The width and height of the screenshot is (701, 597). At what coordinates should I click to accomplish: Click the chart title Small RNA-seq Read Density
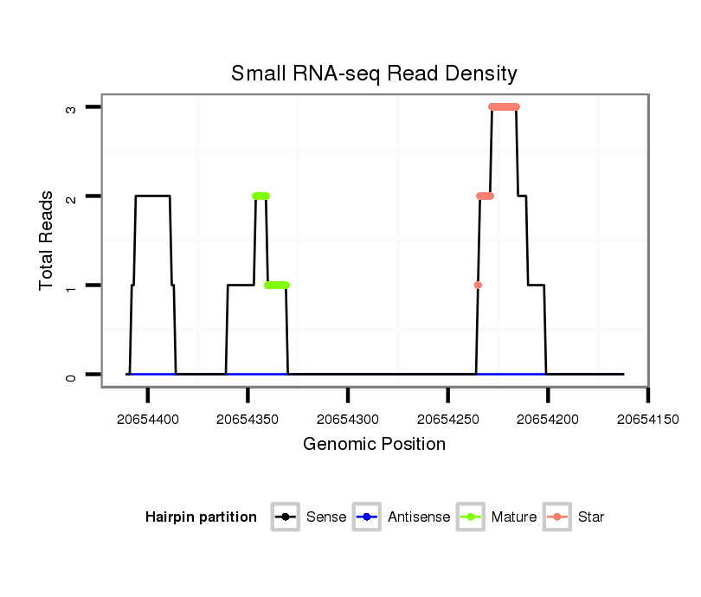pyautogui.click(x=374, y=74)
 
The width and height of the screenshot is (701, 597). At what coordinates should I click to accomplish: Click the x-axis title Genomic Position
pyautogui.click(x=374, y=445)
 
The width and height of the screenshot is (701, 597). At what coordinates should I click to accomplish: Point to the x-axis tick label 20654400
pyautogui.click(x=148, y=419)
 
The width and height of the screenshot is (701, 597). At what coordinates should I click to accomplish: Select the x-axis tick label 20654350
pyautogui.click(x=248, y=419)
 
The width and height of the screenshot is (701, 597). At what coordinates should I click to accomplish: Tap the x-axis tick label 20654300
pyautogui.click(x=348, y=419)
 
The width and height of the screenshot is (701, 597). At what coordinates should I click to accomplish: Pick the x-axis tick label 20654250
pyautogui.click(x=447, y=419)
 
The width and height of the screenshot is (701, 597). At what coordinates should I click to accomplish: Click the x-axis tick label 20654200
pyautogui.click(x=548, y=419)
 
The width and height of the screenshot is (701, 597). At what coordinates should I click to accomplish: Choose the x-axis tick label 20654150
pyautogui.click(x=647, y=419)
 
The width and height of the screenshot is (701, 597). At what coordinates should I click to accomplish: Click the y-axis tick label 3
pyautogui.click(x=73, y=107)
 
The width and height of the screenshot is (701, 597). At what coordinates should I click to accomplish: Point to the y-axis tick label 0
pyautogui.click(x=73, y=375)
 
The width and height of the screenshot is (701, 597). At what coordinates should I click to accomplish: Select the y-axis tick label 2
pyautogui.click(x=73, y=196)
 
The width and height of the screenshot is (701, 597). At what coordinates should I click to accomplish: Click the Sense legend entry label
pyautogui.click(x=326, y=517)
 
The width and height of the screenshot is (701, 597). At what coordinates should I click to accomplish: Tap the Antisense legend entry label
pyautogui.click(x=419, y=517)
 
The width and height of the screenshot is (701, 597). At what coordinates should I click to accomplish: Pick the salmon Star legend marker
pyautogui.click(x=558, y=517)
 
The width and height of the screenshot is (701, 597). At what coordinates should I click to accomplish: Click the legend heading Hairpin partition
pyautogui.click(x=201, y=517)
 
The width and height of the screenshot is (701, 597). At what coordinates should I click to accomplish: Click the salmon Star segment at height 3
pyautogui.click(x=504, y=107)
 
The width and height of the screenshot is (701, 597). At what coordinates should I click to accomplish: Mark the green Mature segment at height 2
pyautogui.click(x=260, y=196)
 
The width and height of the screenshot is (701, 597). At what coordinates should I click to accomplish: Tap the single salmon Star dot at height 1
pyautogui.click(x=478, y=285)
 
